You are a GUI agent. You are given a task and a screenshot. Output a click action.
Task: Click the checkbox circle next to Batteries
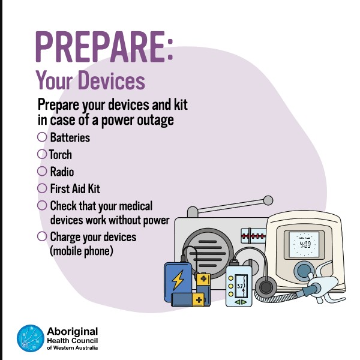[42, 137]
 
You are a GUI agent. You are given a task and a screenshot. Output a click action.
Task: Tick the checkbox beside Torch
[42, 154]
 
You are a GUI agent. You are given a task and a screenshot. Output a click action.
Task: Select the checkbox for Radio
[42, 171]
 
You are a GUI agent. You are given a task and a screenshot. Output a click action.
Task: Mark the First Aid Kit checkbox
[42, 188]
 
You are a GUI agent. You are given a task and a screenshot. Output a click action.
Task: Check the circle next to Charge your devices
[42, 236]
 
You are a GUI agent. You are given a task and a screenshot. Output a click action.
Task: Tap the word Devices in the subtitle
[112, 80]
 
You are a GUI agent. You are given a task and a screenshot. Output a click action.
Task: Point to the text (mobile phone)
[82, 251]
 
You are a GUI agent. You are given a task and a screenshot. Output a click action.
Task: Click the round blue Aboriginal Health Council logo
[31, 338]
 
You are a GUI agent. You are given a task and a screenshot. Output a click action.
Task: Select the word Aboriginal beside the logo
[73, 332]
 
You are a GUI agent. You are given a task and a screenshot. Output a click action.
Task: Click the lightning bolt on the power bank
[178, 280]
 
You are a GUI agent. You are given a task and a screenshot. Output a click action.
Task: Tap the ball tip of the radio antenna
[268, 200]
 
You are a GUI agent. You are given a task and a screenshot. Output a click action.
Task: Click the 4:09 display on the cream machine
[305, 244]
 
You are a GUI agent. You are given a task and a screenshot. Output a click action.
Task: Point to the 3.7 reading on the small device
[239, 286]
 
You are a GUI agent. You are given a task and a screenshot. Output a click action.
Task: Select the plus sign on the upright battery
[203, 279]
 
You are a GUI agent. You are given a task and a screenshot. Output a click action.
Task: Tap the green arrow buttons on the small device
[241, 302]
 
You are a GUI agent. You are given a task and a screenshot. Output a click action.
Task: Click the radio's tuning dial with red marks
[253, 236]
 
